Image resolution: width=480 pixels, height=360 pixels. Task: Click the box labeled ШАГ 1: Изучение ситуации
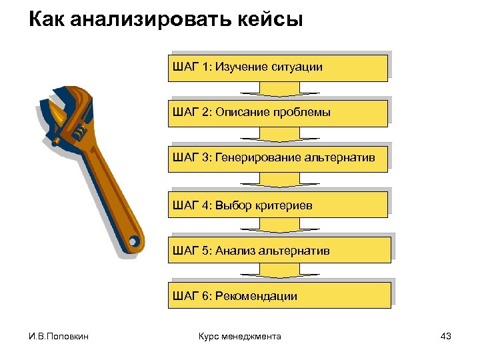coord(279,67)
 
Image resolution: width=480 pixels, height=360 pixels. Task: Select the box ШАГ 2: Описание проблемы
coord(279,113)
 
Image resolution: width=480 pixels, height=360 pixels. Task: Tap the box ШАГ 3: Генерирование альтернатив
coord(279,158)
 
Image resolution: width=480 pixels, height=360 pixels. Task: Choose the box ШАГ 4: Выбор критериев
coord(279,204)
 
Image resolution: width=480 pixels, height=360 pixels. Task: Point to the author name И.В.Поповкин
coord(59,337)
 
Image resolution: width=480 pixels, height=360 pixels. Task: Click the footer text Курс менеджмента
coord(240,337)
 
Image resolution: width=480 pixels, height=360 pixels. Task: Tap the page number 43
coord(446,337)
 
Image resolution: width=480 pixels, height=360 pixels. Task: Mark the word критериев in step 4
coord(283,205)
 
